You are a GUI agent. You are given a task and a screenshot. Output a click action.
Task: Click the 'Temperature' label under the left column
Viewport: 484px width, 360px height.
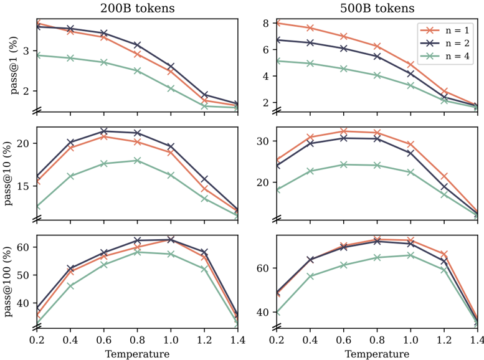click(x=138, y=353)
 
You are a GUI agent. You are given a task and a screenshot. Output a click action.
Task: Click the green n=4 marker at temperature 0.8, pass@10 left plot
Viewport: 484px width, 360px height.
click(x=138, y=160)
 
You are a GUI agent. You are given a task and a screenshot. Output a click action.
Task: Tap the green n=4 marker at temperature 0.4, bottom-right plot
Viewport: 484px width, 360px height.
click(x=311, y=276)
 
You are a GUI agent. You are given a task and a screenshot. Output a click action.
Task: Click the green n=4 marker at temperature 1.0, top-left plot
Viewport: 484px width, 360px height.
click(x=171, y=88)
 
